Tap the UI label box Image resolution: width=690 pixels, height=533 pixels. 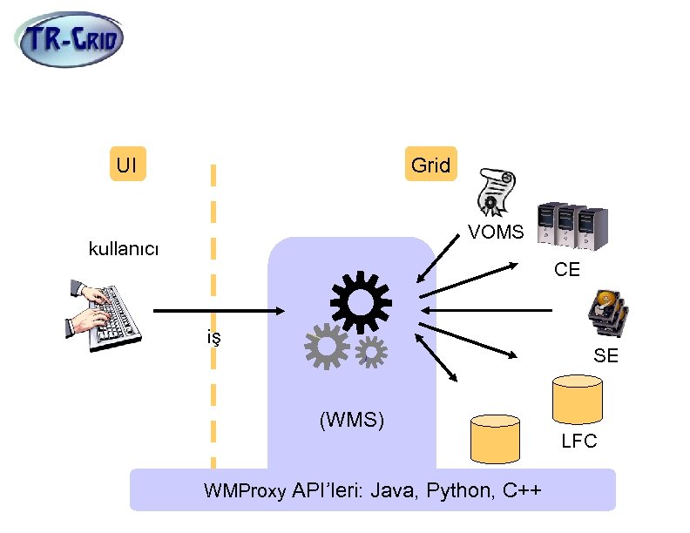pyautogui.click(x=127, y=165)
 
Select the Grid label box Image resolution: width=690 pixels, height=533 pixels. pyautogui.click(x=430, y=165)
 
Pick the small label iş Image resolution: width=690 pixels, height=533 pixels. pyautogui.click(x=213, y=337)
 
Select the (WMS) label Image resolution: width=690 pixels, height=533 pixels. pyautogui.click(x=352, y=420)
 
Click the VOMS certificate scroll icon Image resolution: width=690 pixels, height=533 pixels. pyautogui.click(x=494, y=191)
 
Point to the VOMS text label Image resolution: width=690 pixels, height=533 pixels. pyautogui.click(x=496, y=233)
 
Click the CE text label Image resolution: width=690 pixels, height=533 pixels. pyautogui.click(x=567, y=270)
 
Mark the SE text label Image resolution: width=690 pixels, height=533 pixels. pyautogui.click(x=605, y=355)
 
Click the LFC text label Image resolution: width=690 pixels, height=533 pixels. pyautogui.click(x=579, y=442)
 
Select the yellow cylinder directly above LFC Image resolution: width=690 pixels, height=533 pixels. pyautogui.click(x=578, y=399)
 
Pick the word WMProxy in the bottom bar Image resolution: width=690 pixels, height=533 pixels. pyautogui.click(x=244, y=491)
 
